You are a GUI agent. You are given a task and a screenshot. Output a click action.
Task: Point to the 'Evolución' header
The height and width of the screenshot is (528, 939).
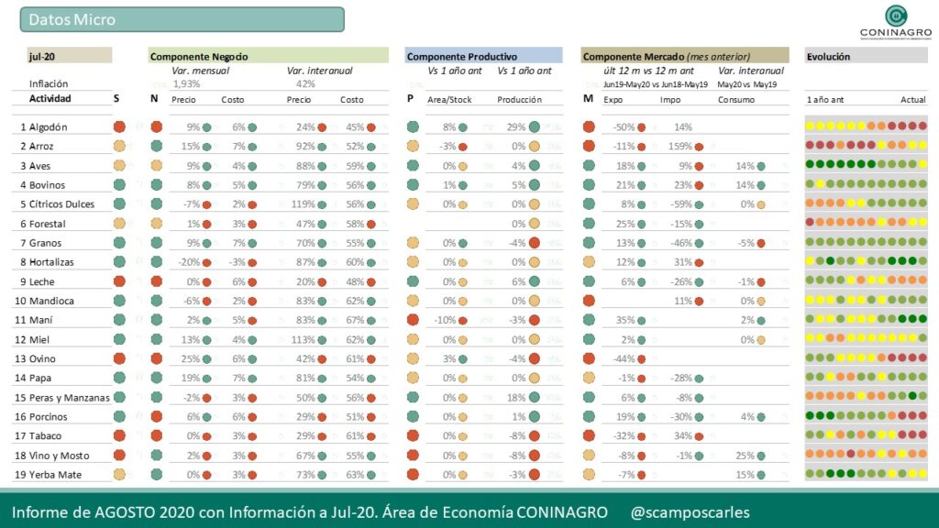[x=828, y=56]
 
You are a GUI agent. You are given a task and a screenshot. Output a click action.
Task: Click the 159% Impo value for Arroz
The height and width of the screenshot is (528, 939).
[x=679, y=146]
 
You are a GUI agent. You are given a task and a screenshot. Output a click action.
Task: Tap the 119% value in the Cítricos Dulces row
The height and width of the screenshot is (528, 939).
[x=301, y=203]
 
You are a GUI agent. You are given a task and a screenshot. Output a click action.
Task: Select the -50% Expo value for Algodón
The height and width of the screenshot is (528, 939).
[x=624, y=126]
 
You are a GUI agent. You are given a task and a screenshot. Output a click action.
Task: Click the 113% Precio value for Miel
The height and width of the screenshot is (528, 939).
[x=301, y=339]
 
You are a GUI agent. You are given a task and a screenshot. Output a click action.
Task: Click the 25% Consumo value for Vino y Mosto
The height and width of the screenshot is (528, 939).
[x=744, y=455]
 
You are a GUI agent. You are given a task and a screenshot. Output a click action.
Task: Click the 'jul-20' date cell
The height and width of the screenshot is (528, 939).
[x=41, y=56]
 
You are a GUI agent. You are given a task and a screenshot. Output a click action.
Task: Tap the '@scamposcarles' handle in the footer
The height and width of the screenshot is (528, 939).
[x=690, y=511]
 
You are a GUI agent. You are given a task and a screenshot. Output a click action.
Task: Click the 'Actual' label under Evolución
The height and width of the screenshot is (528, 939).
[x=912, y=99]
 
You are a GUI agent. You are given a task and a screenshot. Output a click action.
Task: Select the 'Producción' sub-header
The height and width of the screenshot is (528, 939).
[x=519, y=99]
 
